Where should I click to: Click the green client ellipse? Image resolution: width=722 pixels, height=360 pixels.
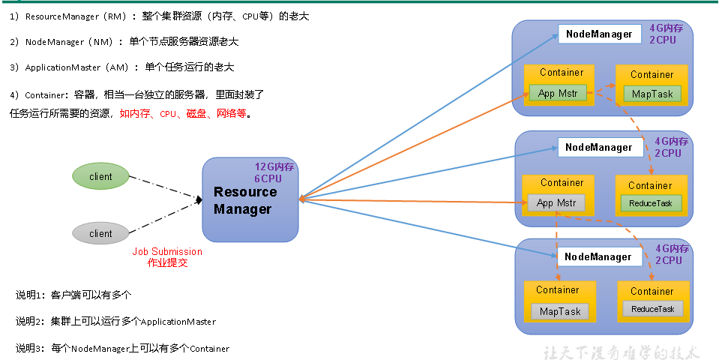click(x=100, y=177)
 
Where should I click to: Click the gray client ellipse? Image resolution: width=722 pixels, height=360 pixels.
click(x=100, y=234)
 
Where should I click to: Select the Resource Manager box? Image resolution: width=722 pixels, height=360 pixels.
click(x=250, y=200)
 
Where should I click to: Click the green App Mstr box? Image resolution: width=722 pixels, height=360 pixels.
click(x=557, y=94)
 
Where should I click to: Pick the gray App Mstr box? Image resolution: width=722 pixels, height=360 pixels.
click(x=556, y=203)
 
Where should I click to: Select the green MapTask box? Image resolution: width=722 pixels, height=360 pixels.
click(x=652, y=94)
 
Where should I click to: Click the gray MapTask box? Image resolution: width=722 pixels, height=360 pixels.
click(x=559, y=311)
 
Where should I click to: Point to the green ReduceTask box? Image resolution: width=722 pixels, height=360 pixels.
click(x=650, y=203)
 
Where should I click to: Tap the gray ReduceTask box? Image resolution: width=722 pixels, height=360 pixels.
click(x=652, y=309)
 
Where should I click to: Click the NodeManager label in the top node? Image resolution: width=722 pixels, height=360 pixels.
click(x=599, y=34)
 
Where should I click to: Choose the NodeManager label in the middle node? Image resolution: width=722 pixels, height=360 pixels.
click(x=599, y=148)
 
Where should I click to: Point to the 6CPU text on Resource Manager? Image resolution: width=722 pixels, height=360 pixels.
click(x=267, y=179)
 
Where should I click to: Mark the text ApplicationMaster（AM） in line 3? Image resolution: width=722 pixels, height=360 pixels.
click(x=76, y=67)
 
